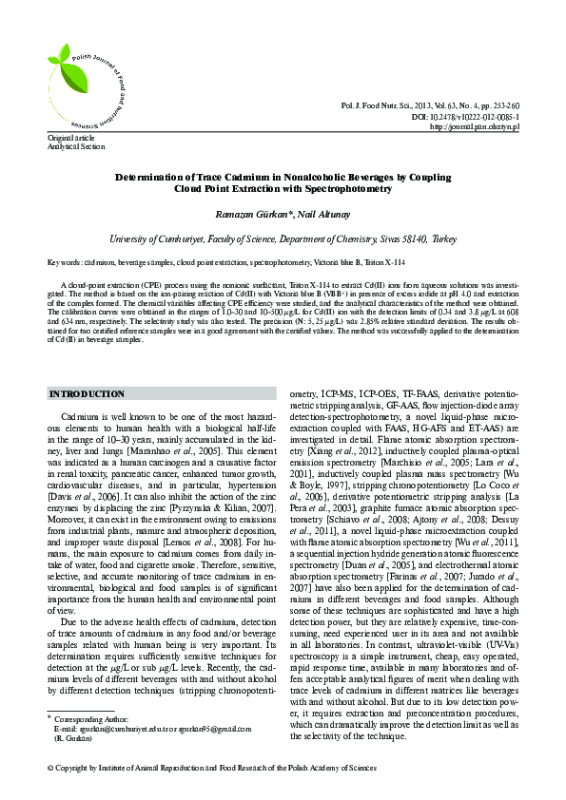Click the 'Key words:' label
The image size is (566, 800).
64,261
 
